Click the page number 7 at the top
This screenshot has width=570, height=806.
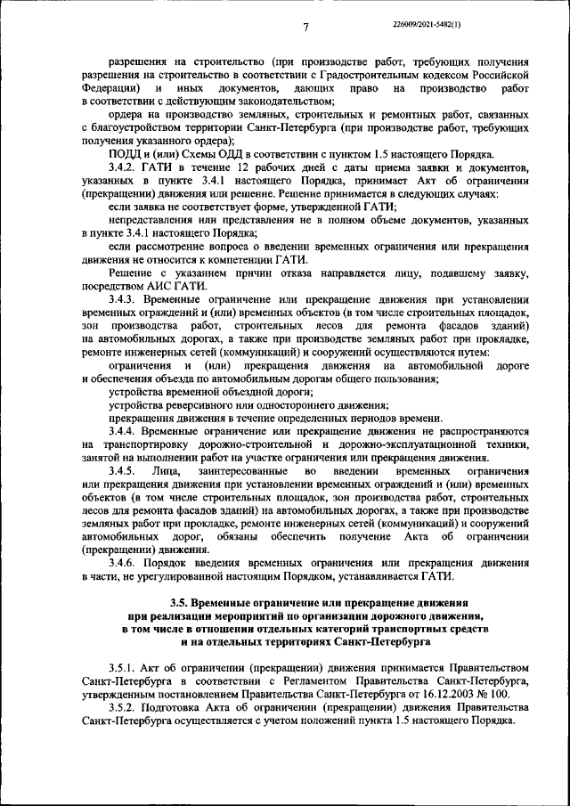pyautogui.click(x=305, y=28)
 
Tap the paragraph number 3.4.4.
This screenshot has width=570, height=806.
pyautogui.click(x=123, y=430)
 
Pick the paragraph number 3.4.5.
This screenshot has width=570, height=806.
pyautogui.click(x=123, y=469)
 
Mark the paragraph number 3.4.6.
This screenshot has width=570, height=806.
pyautogui.click(x=123, y=562)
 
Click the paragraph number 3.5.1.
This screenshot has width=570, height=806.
pyautogui.click(x=123, y=666)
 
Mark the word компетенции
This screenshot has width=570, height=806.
pyautogui.click(x=242, y=259)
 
